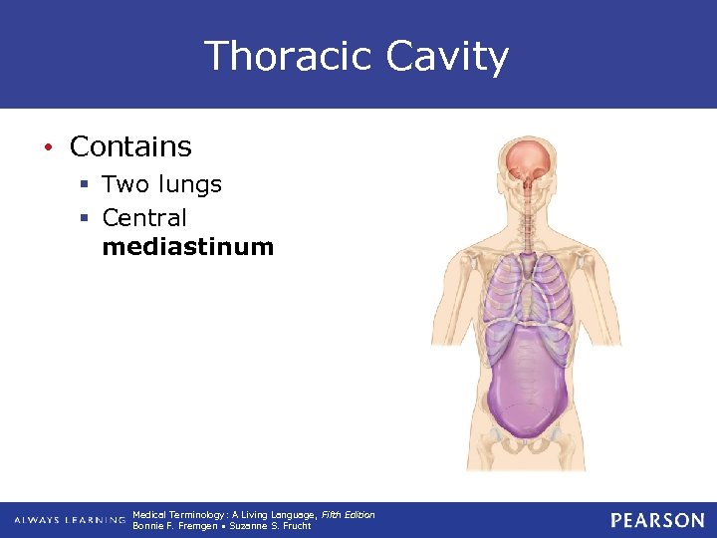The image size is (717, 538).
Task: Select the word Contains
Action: [x=130, y=146]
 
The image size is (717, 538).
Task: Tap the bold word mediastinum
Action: [x=187, y=247]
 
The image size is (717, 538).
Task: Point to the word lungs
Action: [x=188, y=184]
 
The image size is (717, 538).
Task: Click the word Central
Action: [x=144, y=217]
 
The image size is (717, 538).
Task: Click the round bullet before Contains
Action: [x=47, y=147]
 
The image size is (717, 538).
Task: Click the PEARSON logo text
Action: [x=657, y=520]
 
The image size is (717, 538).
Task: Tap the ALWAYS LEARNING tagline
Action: [x=70, y=521]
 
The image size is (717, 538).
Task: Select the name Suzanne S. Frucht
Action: [x=270, y=526]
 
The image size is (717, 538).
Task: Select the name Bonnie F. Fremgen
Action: [x=174, y=526]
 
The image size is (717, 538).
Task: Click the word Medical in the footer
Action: [x=148, y=514]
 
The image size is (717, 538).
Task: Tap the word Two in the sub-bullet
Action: [x=123, y=184]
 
